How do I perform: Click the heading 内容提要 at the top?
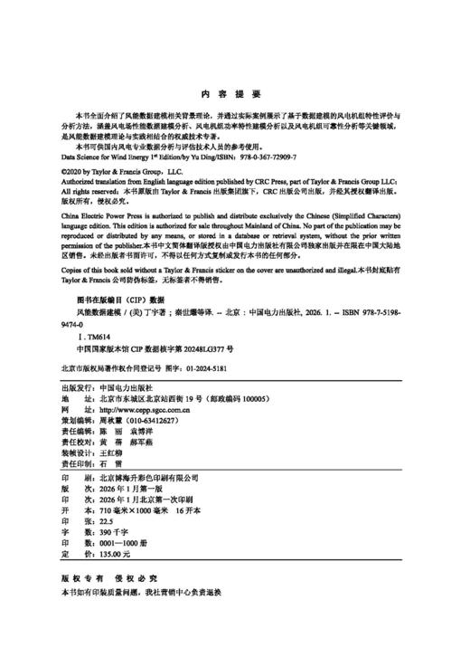point(234,94)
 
